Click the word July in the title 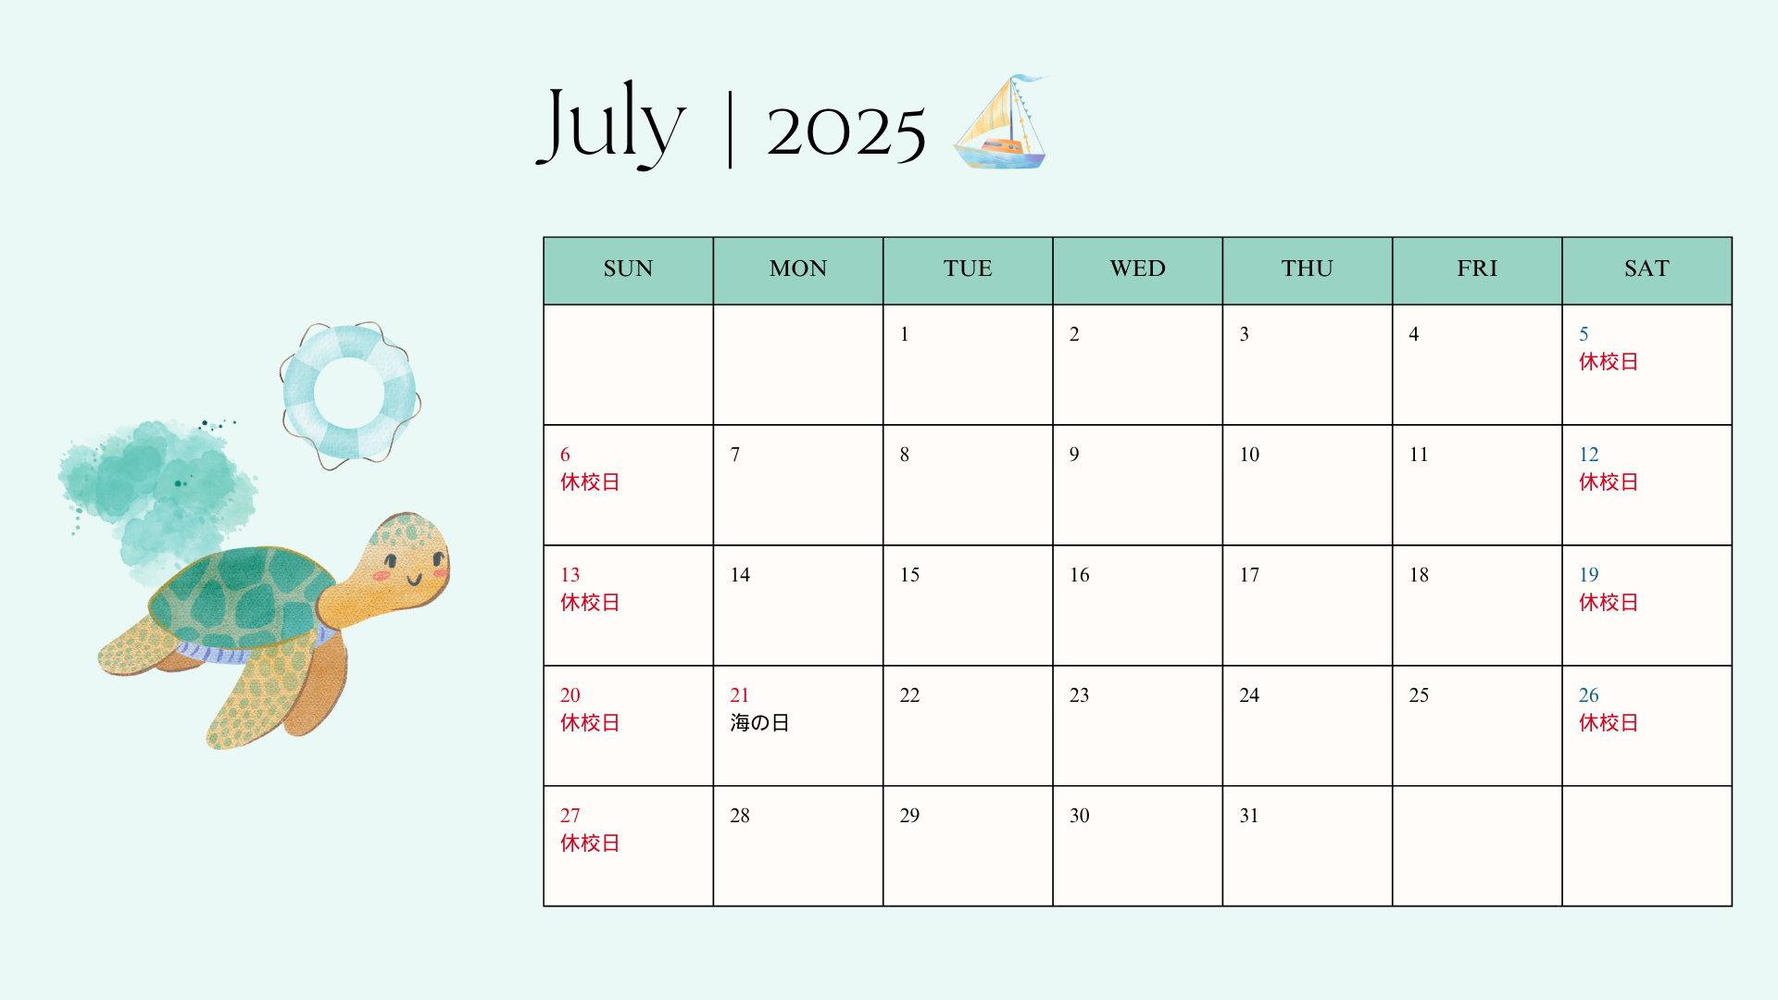click(x=611, y=124)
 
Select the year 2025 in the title click(x=846, y=131)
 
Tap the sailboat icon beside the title click(x=1001, y=122)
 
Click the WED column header click(x=1137, y=269)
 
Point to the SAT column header click(x=1647, y=269)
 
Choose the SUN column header click(x=628, y=269)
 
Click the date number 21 click(x=739, y=695)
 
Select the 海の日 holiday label click(x=759, y=722)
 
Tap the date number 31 click(x=1249, y=816)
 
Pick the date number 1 click(x=905, y=334)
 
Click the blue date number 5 click(x=1584, y=334)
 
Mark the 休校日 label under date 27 click(x=590, y=843)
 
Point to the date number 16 click(x=1080, y=575)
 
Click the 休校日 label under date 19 click(x=1609, y=602)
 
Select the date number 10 click(x=1249, y=455)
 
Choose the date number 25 click(x=1419, y=695)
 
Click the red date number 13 click(x=570, y=575)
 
